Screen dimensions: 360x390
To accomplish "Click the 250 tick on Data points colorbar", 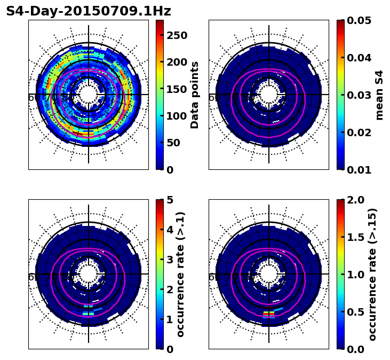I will (x=177, y=35).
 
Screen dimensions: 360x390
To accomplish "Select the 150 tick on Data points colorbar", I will (x=177, y=89).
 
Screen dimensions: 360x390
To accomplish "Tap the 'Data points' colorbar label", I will (x=195, y=95).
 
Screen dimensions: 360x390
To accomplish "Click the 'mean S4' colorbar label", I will (x=379, y=95).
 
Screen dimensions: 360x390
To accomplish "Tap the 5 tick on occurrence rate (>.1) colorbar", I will (x=169, y=200).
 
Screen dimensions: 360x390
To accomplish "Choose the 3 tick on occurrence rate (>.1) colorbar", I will (x=169, y=260).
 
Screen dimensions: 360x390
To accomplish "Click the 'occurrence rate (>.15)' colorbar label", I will (x=372, y=274).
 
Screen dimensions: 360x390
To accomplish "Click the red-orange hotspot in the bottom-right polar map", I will (x=269, y=312).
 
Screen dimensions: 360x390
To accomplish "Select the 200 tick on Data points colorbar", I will (x=177, y=62).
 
